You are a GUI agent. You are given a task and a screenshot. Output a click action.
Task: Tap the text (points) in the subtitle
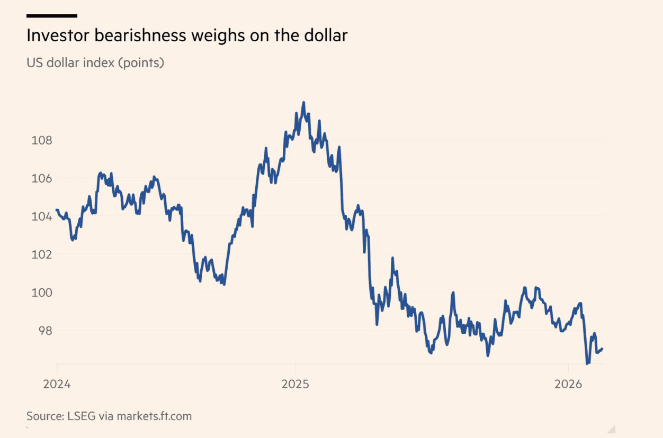point(141,62)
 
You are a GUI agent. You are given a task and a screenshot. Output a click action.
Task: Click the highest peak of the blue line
point(303,102)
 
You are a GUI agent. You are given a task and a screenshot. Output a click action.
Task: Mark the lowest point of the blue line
point(587,363)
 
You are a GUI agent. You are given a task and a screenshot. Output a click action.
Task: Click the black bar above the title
point(51,16)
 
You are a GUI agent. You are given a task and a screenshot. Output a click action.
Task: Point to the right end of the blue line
point(603,349)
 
